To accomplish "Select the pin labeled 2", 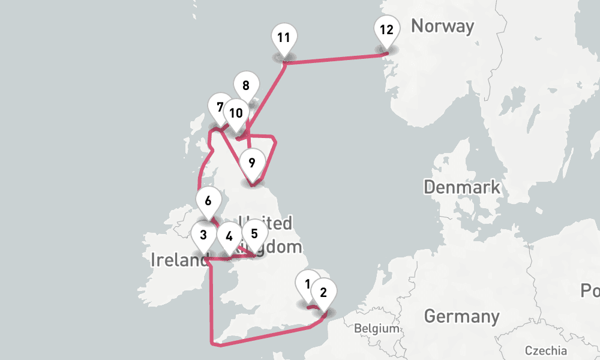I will (324, 293).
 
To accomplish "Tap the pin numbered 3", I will (204, 235).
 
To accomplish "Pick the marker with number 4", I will (229, 236).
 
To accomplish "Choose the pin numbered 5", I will (254, 233).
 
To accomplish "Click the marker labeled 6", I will (208, 200).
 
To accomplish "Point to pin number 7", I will (220, 107).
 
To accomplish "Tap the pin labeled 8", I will (246, 85).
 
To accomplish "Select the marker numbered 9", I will (251, 162).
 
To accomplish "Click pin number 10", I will (236, 113).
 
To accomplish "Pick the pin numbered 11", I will (284, 38).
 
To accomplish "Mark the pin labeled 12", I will (386, 29).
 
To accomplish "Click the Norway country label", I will (442, 26).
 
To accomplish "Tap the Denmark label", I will (461, 187).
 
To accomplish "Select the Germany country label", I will (461, 316).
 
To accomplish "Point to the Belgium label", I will (376, 328).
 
